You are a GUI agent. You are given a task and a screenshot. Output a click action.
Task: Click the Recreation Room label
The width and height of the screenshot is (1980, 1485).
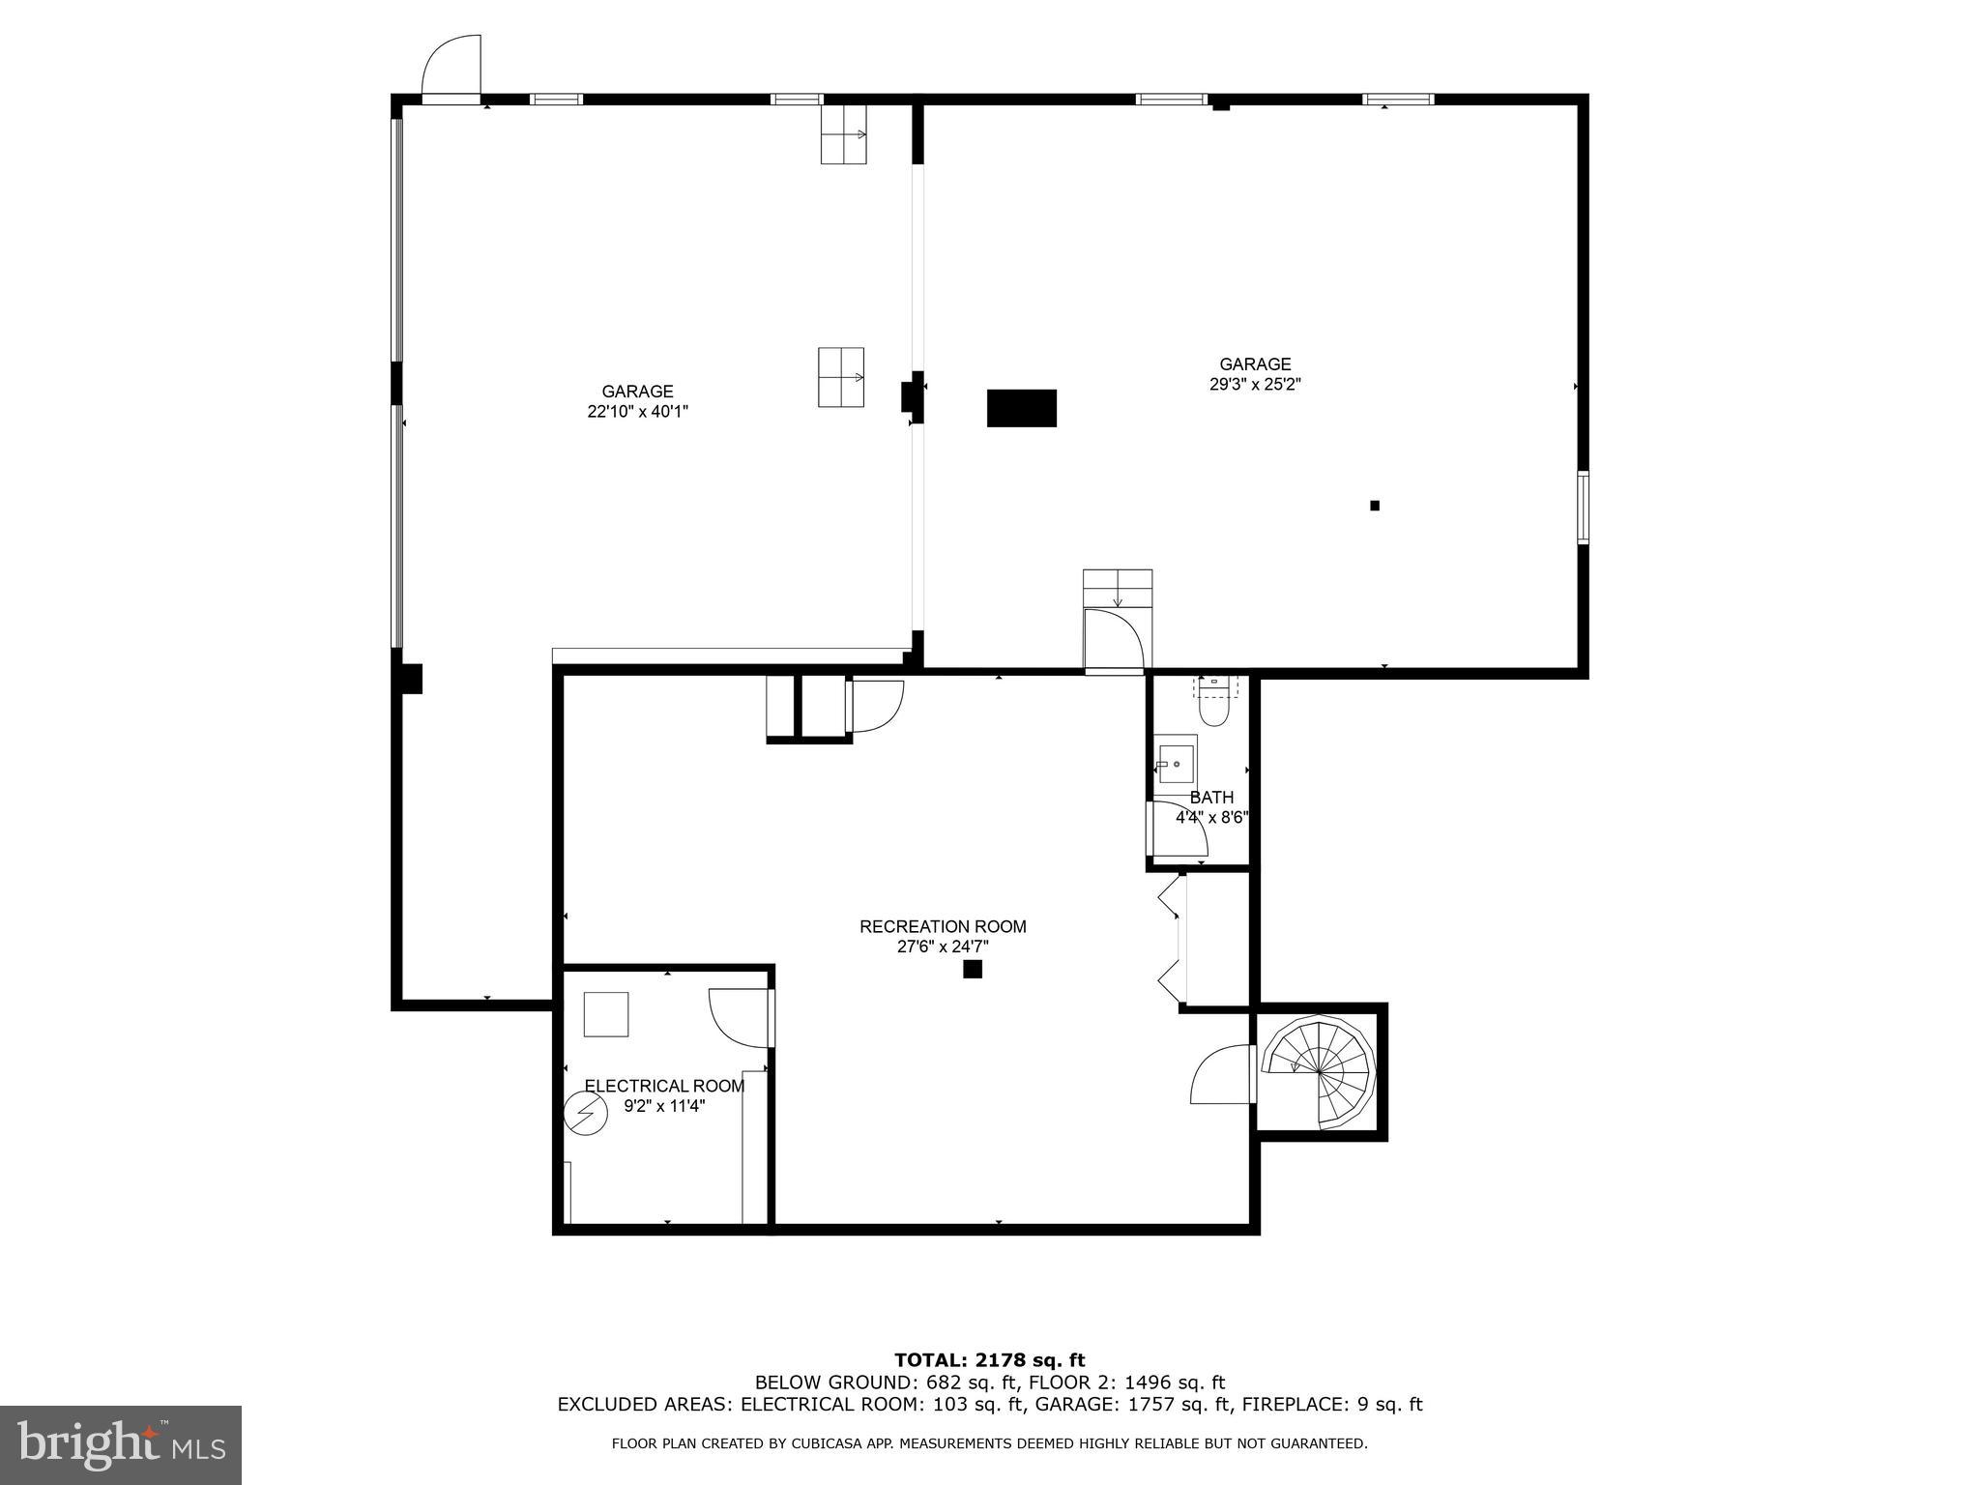tap(943, 926)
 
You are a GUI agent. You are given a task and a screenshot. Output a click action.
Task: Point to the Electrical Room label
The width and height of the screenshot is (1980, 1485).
tap(664, 1086)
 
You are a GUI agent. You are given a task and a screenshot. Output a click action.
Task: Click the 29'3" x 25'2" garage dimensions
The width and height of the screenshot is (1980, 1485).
tap(1255, 384)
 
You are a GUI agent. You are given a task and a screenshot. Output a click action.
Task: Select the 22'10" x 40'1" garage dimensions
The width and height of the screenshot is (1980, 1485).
tap(637, 411)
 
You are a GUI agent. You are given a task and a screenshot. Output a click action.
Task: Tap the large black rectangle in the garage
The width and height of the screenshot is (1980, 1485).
tap(1021, 408)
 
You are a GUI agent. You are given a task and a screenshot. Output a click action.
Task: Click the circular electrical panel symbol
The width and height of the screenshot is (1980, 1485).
tap(586, 1113)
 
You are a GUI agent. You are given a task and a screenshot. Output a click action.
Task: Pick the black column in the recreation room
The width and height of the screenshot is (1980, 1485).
tap(973, 969)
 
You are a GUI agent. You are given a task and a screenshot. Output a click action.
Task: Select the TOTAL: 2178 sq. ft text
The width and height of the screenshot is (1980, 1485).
tap(989, 1360)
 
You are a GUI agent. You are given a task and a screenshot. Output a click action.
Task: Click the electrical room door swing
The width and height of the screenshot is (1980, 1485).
tap(741, 1017)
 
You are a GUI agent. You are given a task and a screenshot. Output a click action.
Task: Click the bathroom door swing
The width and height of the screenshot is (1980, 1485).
tap(1177, 830)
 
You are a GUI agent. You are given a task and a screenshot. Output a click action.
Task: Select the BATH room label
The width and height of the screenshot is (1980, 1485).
tap(1211, 798)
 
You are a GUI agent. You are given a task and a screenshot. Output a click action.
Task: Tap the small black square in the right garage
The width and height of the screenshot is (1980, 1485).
tap(1375, 505)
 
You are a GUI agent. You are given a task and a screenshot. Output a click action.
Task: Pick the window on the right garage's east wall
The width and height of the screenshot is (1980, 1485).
tap(1583, 507)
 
